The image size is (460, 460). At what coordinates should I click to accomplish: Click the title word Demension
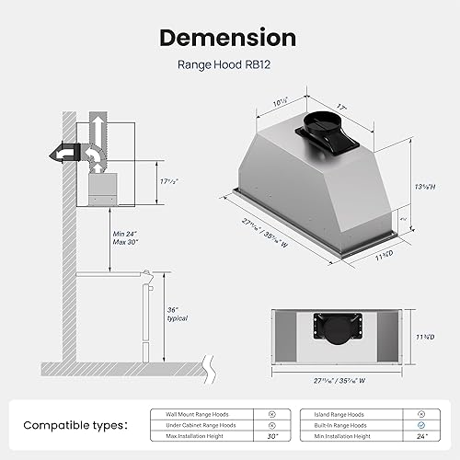(x=229, y=38)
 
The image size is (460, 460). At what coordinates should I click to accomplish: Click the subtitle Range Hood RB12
(x=229, y=65)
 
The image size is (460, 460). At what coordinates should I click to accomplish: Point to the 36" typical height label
(x=178, y=314)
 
